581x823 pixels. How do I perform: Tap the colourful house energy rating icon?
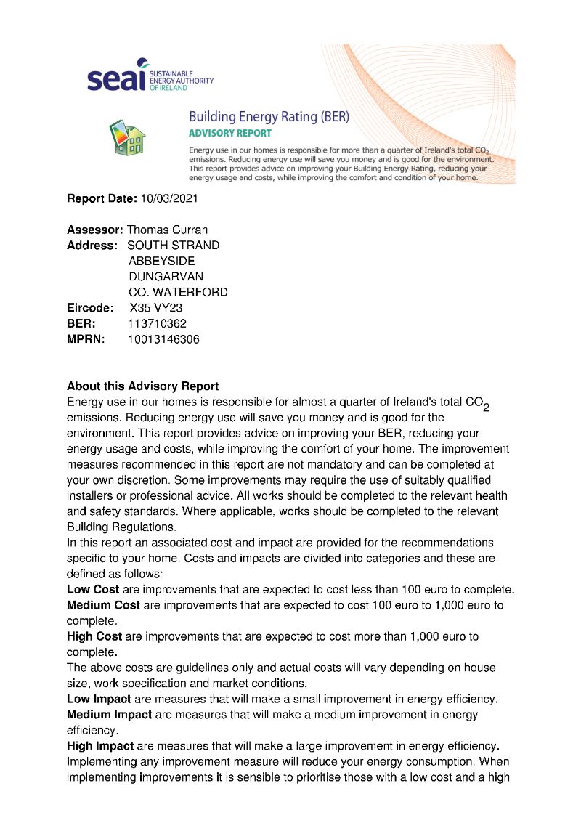(x=127, y=137)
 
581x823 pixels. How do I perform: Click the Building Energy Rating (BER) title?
(x=269, y=116)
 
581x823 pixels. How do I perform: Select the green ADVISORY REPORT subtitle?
(x=229, y=134)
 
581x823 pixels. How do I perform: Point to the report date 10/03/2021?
(x=168, y=198)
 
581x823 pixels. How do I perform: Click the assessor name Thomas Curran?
(x=167, y=230)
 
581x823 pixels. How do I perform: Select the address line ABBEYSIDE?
(x=161, y=261)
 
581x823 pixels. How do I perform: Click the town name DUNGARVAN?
(x=166, y=277)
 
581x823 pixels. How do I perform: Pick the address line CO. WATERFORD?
(x=178, y=292)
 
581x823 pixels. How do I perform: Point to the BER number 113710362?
(x=157, y=323)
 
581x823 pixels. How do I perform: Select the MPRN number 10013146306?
(x=163, y=339)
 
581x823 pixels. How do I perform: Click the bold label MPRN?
(x=86, y=339)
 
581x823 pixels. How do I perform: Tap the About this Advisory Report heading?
(x=142, y=386)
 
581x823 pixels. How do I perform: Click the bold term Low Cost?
(x=93, y=589)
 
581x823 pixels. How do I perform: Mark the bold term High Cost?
(x=94, y=636)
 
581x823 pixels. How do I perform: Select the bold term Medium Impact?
(x=109, y=715)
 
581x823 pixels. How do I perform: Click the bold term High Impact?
(x=100, y=746)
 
